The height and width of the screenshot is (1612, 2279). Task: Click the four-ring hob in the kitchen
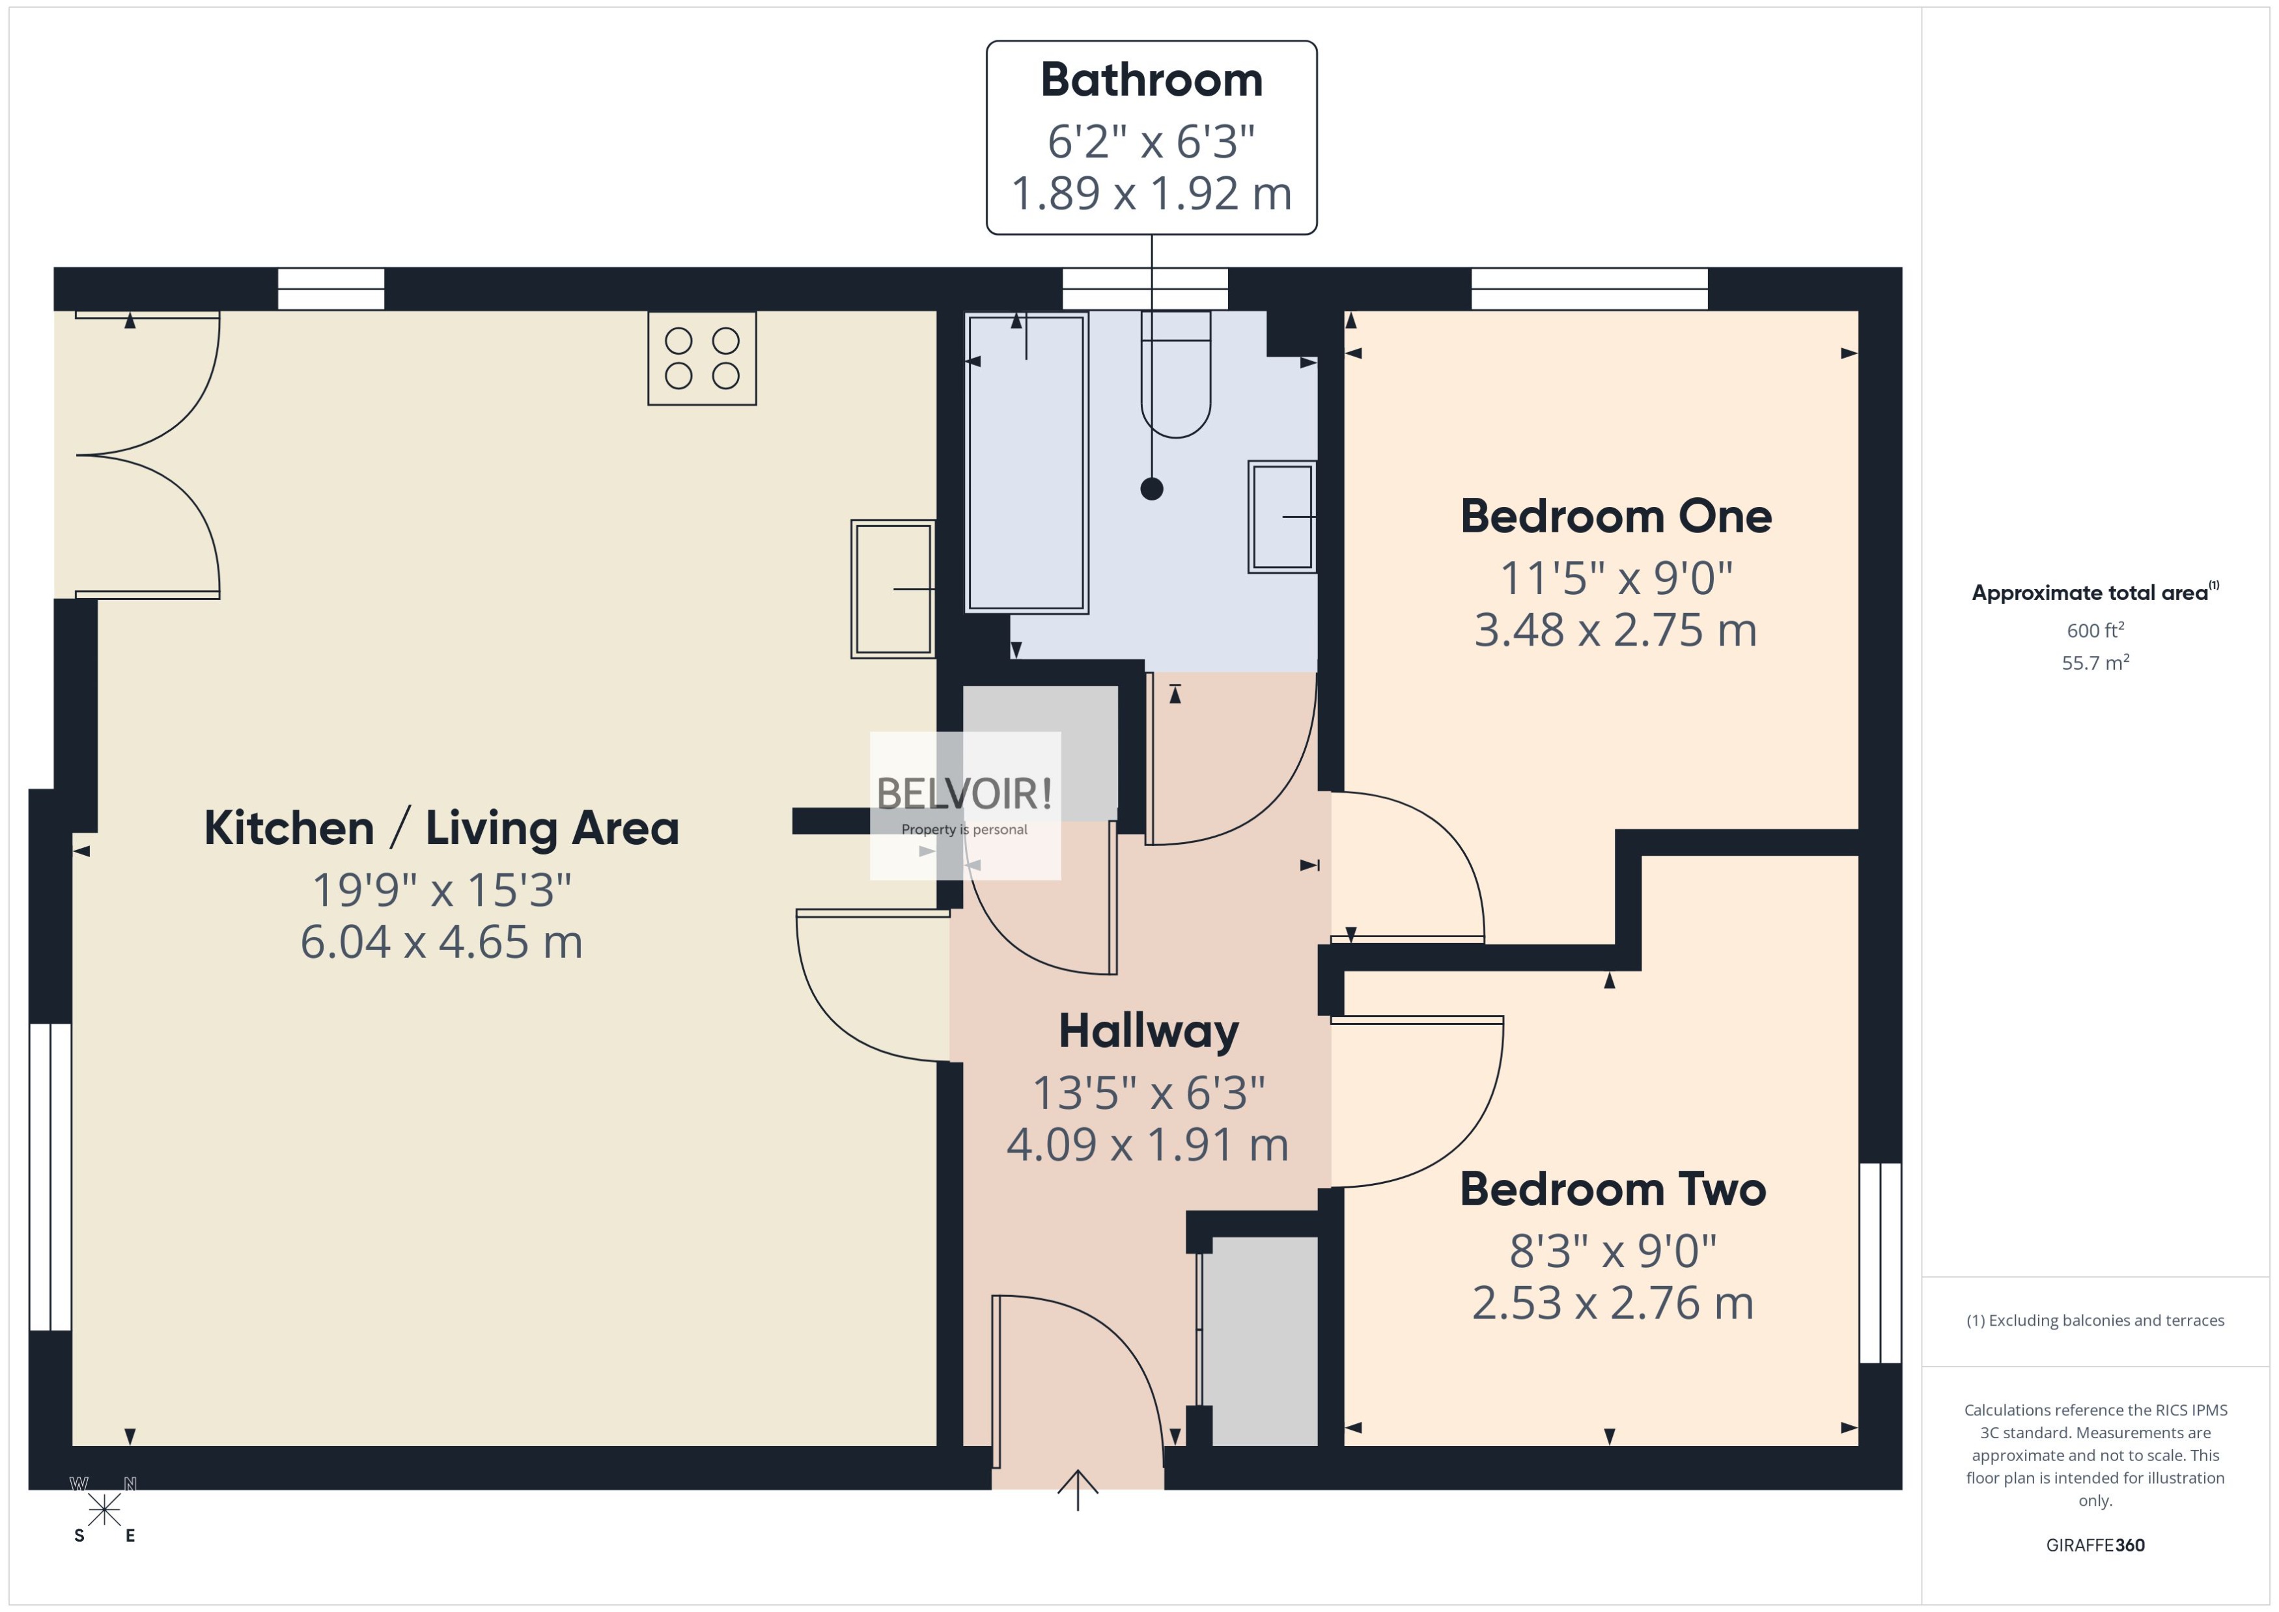point(702,359)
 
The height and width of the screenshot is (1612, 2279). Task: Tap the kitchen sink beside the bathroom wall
point(893,588)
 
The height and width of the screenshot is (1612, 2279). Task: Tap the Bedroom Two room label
point(1613,1189)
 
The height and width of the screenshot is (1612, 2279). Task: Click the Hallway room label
point(1149,1031)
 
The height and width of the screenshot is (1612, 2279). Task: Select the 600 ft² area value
point(2095,631)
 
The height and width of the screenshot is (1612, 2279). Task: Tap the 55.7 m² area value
point(2095,662)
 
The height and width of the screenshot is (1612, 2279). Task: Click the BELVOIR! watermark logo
point(964,794)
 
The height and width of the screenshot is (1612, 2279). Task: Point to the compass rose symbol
point(104,1510)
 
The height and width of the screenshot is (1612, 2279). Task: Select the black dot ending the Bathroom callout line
point(1152,488)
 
